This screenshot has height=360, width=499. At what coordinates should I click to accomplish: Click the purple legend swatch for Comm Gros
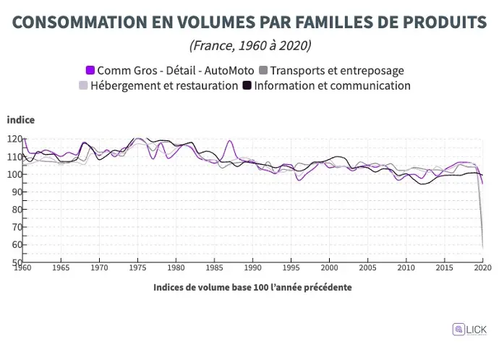pyautogui.click(x=90, y=70)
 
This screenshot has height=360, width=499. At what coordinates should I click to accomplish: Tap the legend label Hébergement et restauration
pyautogui.click(x=165, y=85)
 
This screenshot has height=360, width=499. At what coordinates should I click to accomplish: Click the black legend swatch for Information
pyautogui.click(x=247, y=85)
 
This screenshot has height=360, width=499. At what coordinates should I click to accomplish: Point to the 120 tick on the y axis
pyautogui.click(x=15, y=139)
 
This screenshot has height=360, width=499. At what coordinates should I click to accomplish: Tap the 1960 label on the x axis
pyautogui.click(x=23, y=268)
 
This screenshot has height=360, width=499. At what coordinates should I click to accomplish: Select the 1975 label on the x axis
pyautogui.click(x=137, y=268)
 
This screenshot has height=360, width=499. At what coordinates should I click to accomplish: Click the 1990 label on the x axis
pyautogui.click(x=252, y=268)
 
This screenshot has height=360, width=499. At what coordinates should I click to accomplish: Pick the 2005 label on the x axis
pyautogui.click(x=367, y=268)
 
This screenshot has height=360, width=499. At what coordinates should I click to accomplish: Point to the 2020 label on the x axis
pyautogui.click(x=482, y=268)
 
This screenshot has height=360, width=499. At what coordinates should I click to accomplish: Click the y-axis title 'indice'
pyautogui.click(x=21, y=120)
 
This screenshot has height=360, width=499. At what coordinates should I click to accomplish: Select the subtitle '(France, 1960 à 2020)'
pyautogui.click(x=249, y=46)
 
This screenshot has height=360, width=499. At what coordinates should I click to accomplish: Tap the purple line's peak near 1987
pyautogui.click(x=230, y=141)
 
